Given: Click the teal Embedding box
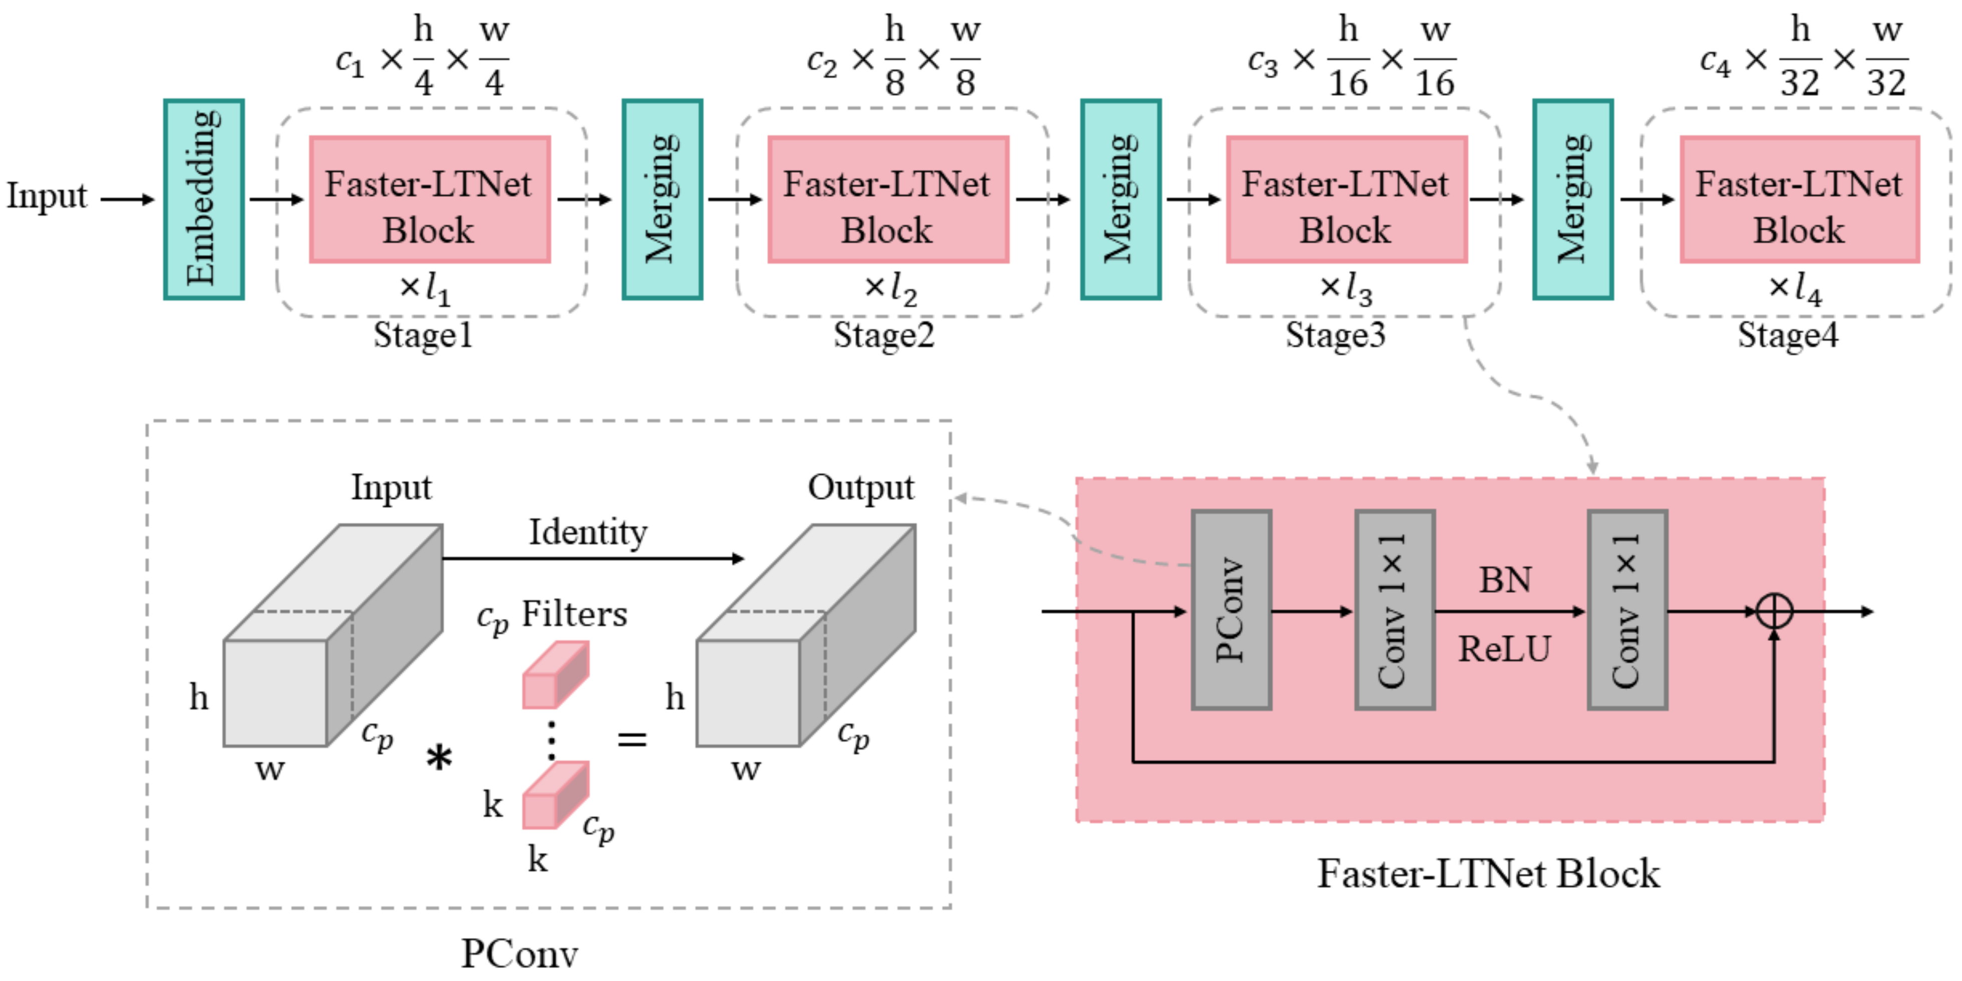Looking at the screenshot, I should tap(203, 199).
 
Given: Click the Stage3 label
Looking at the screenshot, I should tap(1335, 335).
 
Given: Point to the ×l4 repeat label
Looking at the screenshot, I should tap(1794, 288).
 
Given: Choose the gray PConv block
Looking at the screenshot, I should tap(1231, 609).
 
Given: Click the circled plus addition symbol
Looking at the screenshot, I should tap(1774, 611).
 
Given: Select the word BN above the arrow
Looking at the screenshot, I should tap(1505, 580).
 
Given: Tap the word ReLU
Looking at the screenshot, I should tap(1504, 649).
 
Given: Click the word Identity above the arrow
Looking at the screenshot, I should tap(587, 532).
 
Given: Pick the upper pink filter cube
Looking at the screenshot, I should tap(554, 675).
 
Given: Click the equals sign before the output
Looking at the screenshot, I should tap(631, 739).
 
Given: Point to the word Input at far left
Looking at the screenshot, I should tap(47, 196).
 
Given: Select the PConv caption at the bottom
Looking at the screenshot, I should tap(519, 953).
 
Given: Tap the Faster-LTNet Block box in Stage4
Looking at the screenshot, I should tap(1799, 199).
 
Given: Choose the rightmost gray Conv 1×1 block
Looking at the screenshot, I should tap(1627, 609).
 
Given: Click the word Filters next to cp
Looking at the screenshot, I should tap(574, 614).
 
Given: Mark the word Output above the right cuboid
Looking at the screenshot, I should tap(861, 487).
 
